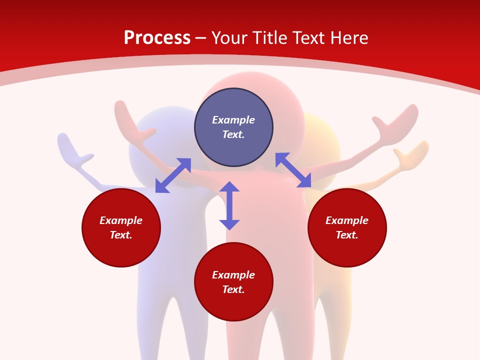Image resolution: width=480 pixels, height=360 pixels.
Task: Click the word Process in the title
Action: pyautogui.click(x=157, y=38)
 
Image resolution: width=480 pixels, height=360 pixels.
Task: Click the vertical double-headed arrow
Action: pyautogui.click(x=229, y=205)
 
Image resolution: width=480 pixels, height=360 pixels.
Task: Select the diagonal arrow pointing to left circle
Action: pyautogui.click(x=173, y=175)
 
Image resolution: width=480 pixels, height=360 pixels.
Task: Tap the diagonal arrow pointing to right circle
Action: pyautogui.click(x=293, y=170)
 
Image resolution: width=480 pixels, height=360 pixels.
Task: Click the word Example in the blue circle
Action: pyautogui.click(x=233, y=120)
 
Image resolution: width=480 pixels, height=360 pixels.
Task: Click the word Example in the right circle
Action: pyautogui.click(x=347, y=220)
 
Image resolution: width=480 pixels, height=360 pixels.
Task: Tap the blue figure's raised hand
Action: pyautogui.click(x=72, y=150)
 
